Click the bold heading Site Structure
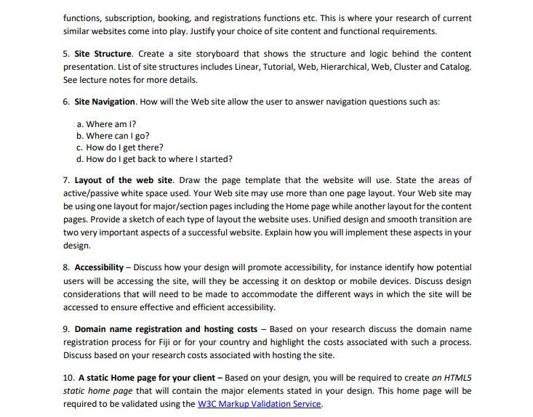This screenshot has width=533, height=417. (x=103, y=54)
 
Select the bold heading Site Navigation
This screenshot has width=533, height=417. (x=105, y=102)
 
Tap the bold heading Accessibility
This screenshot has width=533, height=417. (x=103, y=267)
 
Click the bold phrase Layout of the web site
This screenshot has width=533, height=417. (x=124, y=180)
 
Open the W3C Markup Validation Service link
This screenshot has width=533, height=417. (x=259, y=404)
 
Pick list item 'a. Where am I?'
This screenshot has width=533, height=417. (x=106, y=124)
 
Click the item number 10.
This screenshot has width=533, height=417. (x=68, y=378)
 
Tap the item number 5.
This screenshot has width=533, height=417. (x=66, y=54)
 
